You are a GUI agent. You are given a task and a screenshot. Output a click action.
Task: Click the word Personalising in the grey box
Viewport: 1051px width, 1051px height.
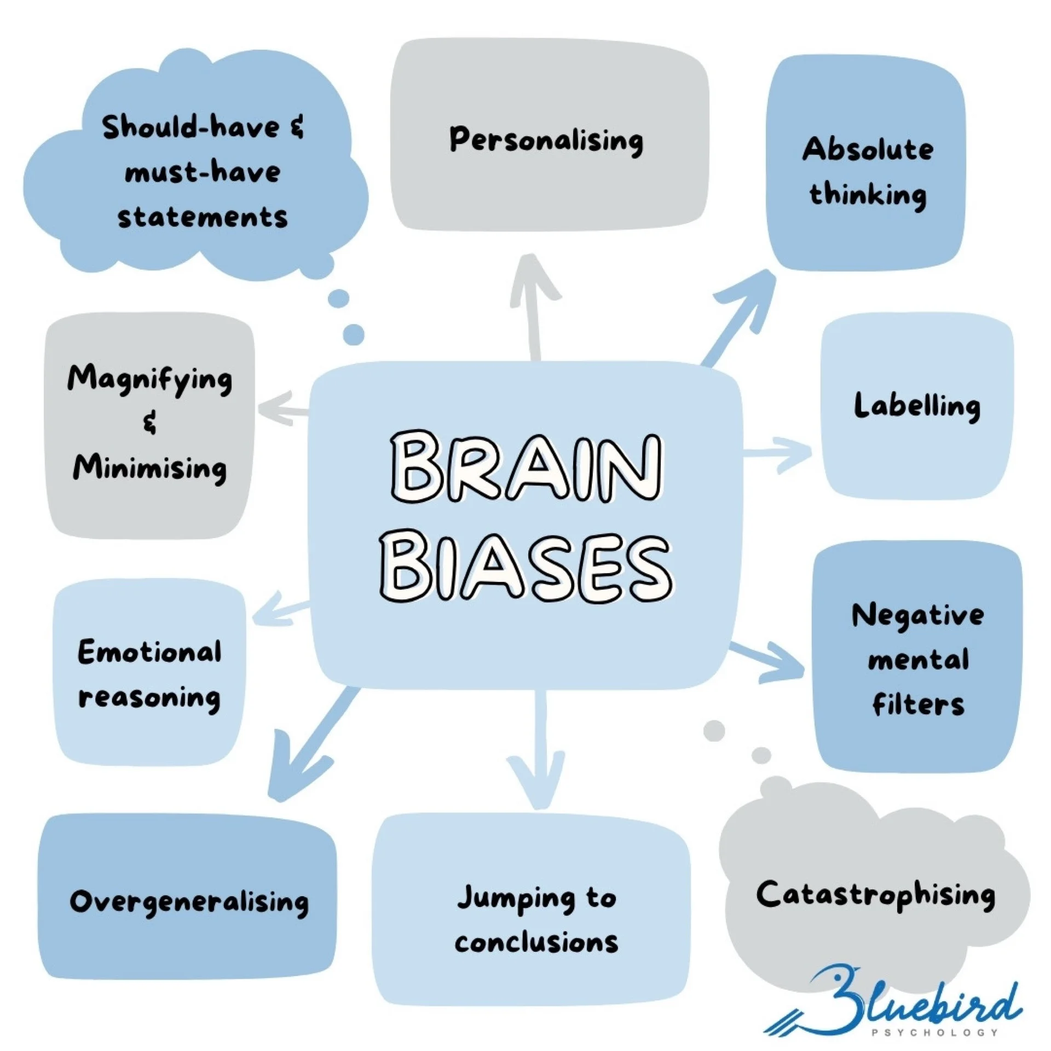tap(546, 140)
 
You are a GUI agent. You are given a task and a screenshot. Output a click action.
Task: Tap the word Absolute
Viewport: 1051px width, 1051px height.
tap(868, 149)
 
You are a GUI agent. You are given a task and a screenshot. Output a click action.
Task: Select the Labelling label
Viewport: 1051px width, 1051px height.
tap(917, 407)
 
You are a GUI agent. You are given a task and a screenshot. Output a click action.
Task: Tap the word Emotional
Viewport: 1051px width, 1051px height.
tap(149, 652)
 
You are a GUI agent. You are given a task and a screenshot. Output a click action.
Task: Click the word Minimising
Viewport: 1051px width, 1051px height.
tap(149, 469)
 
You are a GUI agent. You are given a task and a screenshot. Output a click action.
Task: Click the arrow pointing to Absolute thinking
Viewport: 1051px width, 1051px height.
tap(739, 317)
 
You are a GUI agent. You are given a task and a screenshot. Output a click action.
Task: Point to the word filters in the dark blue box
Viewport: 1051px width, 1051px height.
tap(918, 704)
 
